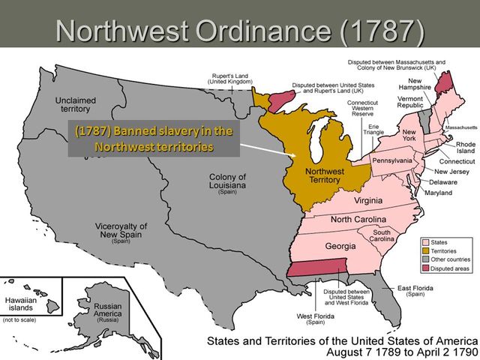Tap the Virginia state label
point(363,201)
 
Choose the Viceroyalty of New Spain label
point(121,230)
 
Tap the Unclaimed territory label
point(76,106)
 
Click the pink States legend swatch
point(424,242)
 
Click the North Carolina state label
point(359,219)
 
